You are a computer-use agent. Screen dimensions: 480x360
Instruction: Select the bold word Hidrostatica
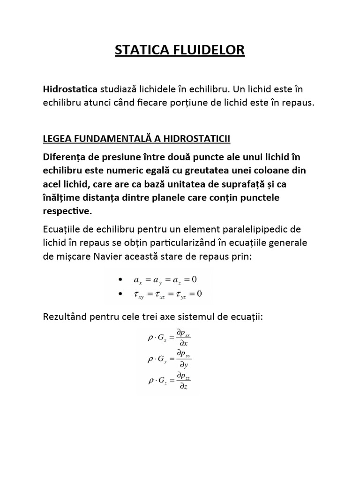[70, 89]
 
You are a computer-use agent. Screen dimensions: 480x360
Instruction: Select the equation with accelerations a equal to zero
[165, 280]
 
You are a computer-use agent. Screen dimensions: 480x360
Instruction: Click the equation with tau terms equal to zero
[167, 294]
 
